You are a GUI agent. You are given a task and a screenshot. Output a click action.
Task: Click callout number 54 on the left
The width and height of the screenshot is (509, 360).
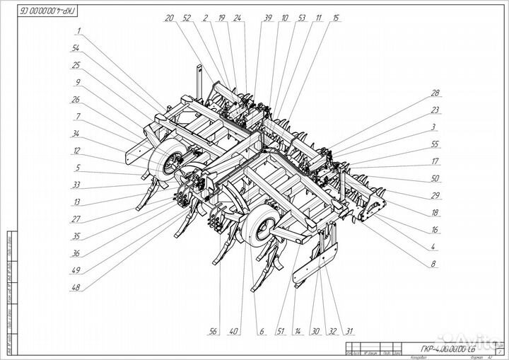[76, 48]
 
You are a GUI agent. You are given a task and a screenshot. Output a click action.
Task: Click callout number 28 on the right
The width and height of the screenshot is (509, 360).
[435, 93]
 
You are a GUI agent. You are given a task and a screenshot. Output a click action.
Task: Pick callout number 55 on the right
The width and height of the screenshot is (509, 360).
[435, 144]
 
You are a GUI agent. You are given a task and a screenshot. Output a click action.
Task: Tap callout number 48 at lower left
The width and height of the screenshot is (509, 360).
[76, 287]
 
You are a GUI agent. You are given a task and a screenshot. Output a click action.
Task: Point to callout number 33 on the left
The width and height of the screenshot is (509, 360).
[76, 185]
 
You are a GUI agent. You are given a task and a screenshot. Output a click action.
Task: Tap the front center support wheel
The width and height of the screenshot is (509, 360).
[262, 228]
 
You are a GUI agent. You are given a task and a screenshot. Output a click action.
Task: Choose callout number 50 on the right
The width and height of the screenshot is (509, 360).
[435, 178]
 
